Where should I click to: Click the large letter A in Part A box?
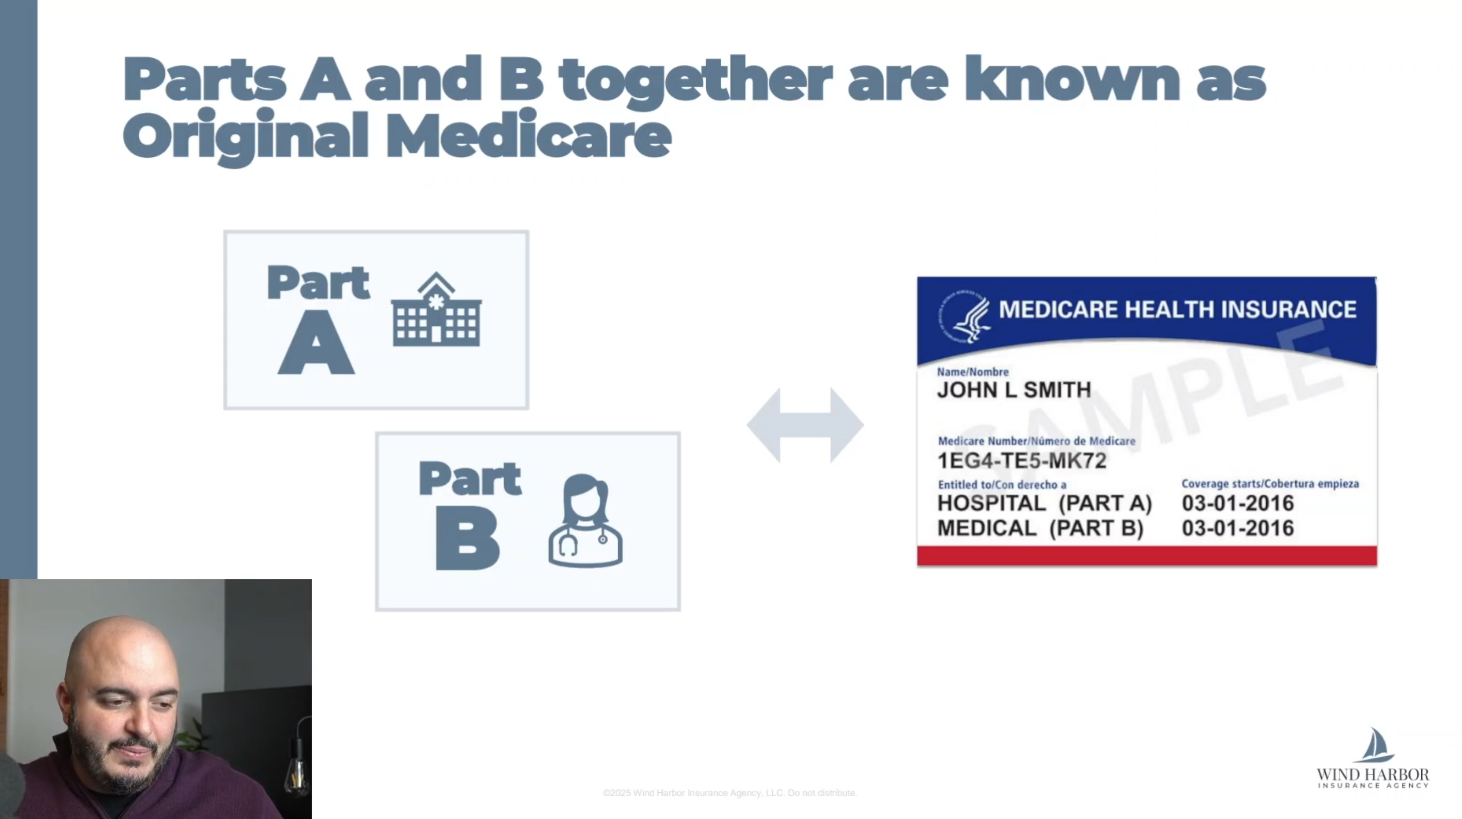click(x=316, y=344)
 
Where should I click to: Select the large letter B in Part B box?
click(x=467, y=538)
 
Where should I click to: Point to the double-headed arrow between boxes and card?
click(x=805, y=425)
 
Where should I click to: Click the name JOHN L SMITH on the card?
click(x=1014, y=390)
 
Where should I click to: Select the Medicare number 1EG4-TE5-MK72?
click(x=1021, y=460)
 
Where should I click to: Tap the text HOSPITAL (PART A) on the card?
click(x=1044, y=503)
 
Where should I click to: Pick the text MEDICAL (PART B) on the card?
click(x=1040, y=528)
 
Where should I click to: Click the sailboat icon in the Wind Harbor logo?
click(x=1374, y=745)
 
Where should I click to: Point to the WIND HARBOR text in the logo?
click(x=1372, y=775)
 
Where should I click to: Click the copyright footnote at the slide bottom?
click(x=730, y=793)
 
